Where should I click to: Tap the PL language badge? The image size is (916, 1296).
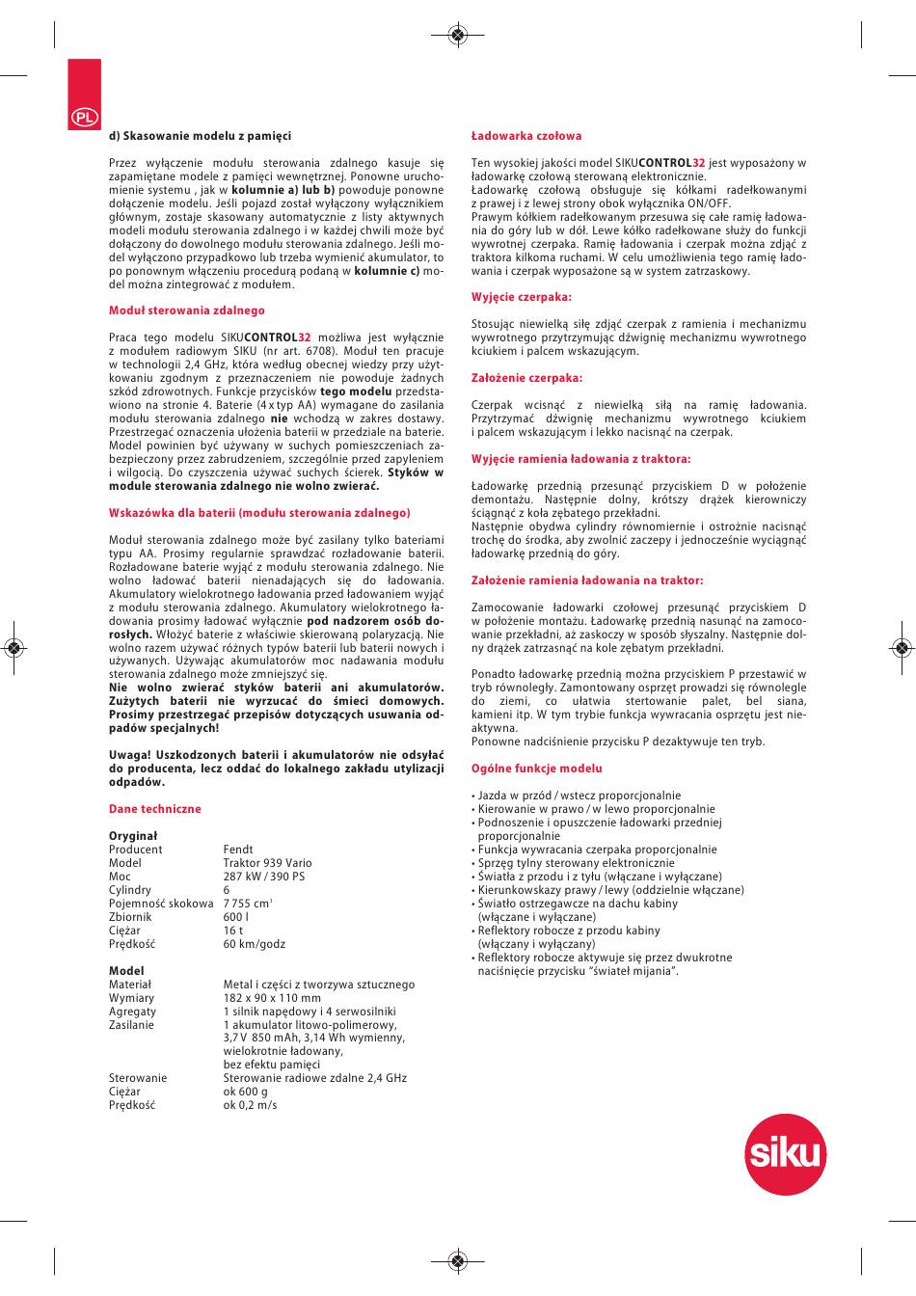[84, 116]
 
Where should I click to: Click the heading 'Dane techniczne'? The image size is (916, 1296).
[154, 809]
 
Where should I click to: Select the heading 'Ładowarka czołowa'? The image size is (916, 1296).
[526, 136]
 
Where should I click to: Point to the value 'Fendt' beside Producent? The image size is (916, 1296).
[238, 850]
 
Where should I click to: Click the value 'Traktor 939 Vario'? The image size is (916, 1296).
[268, 863]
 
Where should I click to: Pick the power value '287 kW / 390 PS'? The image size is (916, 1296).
[264, 877]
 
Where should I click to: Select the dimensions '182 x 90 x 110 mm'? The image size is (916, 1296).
[272, 998]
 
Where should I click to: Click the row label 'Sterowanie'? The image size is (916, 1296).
[138, 1078]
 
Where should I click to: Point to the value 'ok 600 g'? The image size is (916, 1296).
[246, 1092]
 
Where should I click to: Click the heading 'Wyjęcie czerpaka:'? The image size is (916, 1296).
[522, 297]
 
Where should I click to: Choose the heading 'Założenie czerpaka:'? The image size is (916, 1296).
[526, 378]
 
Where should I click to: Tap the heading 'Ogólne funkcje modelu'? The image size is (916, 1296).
[536, 769]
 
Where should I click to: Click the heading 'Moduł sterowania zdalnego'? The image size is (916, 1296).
[186, 310]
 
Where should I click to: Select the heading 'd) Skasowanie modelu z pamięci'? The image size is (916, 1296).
[200, 136]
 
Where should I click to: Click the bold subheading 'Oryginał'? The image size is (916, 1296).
[133, 836]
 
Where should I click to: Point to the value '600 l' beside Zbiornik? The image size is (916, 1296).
[236, 917]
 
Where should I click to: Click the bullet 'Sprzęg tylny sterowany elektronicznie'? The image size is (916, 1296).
[577, 863]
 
